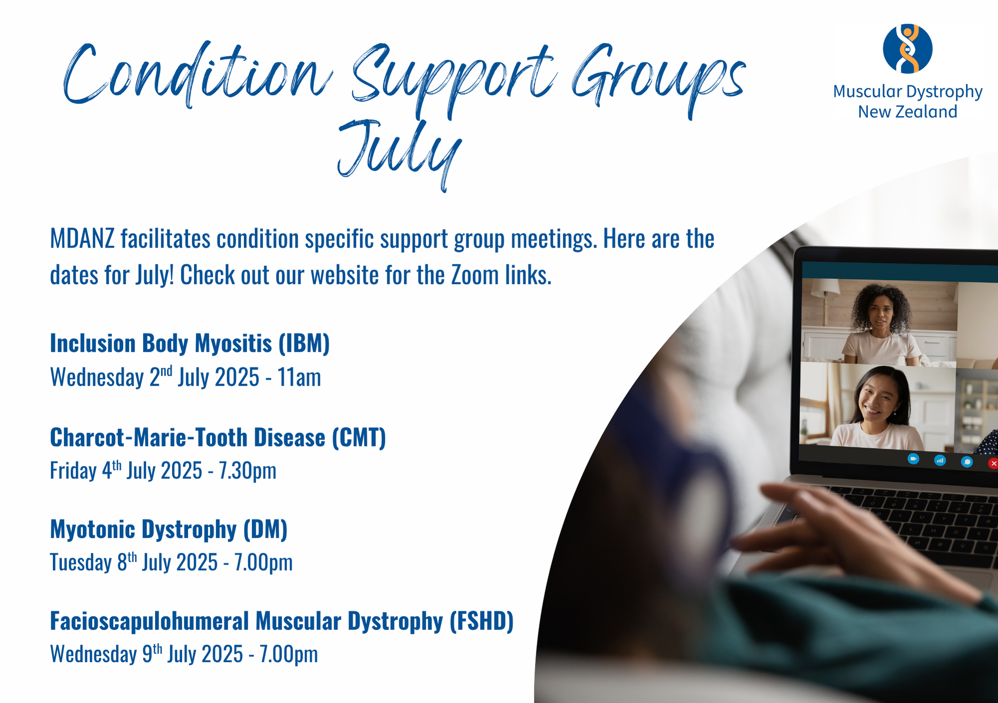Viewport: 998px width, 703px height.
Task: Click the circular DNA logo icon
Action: click(x=907, y=48)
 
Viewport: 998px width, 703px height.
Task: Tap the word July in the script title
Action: click(x=399, y=152)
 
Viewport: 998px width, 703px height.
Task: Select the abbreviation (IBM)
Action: click(x=304, y=343)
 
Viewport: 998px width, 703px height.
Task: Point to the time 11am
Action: click(x=299, y=377)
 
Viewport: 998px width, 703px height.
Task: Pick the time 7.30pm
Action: click(x=248, y=470)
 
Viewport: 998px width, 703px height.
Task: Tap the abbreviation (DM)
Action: click(x=265, y=529)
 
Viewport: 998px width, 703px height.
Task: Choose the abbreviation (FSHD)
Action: click(x=482, y=621)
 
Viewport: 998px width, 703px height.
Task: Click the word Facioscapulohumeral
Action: click(x=150, y=621)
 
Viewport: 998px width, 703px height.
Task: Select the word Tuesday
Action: click(x=81, y=562)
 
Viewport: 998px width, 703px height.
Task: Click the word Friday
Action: click(x=73, y=470)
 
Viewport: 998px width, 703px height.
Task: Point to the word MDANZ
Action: click(x=82, y=239)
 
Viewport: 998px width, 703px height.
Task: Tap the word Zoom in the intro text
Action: click(x=475, y=275)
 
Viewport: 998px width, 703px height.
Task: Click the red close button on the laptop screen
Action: click(x=993, y=464)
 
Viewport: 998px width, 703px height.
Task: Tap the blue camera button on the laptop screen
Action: click(x=913, y=459)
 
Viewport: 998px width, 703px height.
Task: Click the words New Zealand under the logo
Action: click(x=907, y=112)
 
